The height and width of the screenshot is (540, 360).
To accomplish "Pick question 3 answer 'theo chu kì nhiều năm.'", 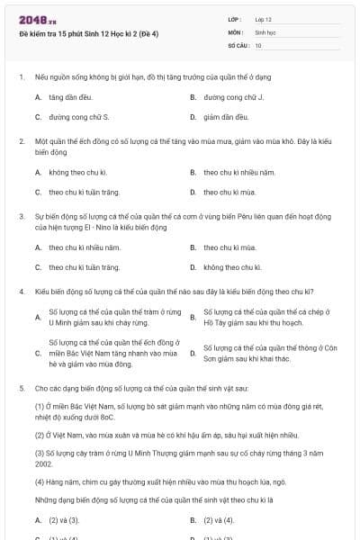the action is pyautogui.click(x=85, y=247).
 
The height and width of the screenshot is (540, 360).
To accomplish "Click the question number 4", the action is pyautogui.click(x=21, y=292).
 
